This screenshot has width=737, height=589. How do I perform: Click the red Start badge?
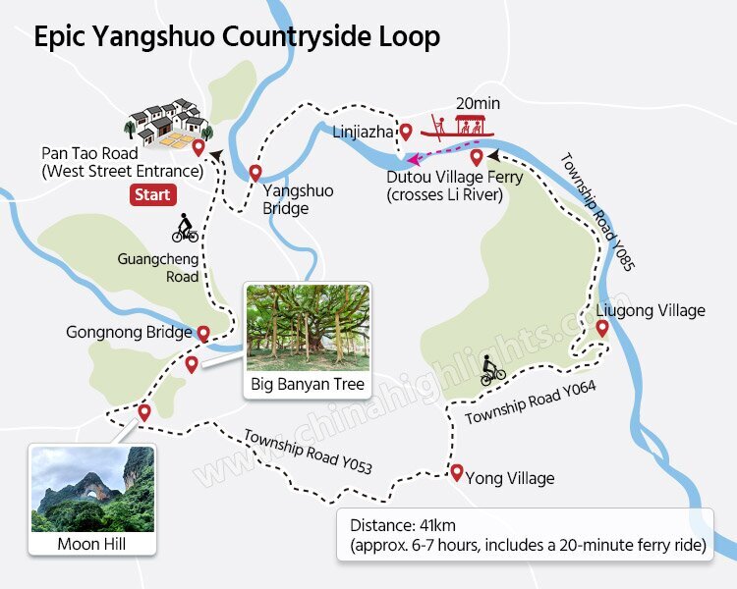[152, 194]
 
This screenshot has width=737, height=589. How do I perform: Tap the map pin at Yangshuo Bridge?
[255, 174]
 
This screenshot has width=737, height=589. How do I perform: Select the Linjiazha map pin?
[404, 132]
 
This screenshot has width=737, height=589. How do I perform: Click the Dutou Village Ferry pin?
[477, 157]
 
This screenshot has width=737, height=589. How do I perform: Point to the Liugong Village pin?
[602, 328]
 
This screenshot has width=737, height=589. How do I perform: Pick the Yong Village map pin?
[456, 472]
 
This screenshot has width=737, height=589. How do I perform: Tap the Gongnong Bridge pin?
[203, 334]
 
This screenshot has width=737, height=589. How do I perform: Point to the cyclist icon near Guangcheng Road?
[185, 232]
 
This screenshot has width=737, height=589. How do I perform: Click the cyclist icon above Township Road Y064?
[493, 373]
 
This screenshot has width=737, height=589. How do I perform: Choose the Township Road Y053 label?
[307, 452]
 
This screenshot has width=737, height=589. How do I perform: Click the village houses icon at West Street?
[168, 122]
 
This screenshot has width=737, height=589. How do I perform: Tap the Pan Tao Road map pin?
[198, 148]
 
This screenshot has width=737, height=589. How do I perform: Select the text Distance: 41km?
[402, 524]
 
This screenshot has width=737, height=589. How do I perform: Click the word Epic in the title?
[61, 37]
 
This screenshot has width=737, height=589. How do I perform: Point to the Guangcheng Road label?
[157, 267]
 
